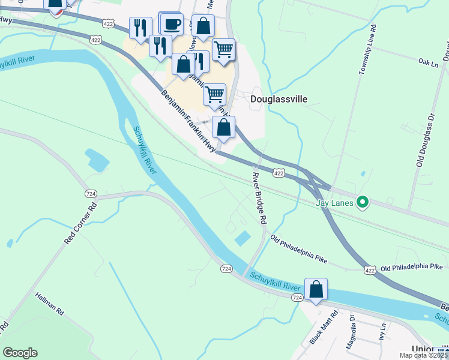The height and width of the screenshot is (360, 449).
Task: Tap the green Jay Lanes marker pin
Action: pos(362,203)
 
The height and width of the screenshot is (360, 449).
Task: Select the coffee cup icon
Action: pos(172,25)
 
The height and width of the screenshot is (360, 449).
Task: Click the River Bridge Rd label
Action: pos(258,198)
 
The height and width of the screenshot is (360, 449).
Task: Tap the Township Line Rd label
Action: pos(367,50)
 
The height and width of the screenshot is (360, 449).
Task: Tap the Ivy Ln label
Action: pos(382,332)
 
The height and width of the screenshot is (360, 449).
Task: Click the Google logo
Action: pos(20,353)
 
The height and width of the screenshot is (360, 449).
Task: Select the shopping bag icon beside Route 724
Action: pos(316,290)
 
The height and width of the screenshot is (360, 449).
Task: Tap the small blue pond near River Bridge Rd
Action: pos(242,238)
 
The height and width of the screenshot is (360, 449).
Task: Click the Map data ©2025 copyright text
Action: pos(424,355)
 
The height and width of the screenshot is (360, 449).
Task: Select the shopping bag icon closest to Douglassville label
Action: pos(223,127)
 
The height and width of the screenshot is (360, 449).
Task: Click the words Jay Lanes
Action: pos(334,203)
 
